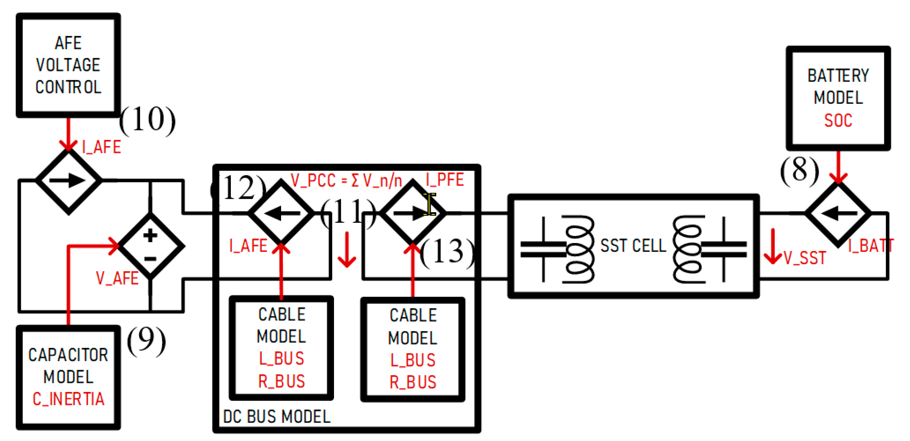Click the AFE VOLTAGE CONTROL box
click(x=68, y=65)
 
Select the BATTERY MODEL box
click(x=838, y=98)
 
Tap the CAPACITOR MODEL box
click(x=68, y=377)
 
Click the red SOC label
click(x=838, y=121)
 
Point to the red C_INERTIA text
click(x=68, y=399)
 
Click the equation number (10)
click(x=147, y=120)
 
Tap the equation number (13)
click(x=447, y=251)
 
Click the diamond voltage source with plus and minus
click(x=150, y=246)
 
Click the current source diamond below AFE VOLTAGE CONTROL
click(x=69, y=181)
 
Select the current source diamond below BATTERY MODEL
click(x=838, y=214)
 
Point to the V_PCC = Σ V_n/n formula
click(x=346, y=181)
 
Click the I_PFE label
click(x=445, y=180)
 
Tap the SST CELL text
click(x=633, y=246)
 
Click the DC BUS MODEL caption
click(x=277, y=417)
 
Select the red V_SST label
click(x=805, y=258)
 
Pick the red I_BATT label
click(x=871, y=246)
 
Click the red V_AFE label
click(x=117, y=278)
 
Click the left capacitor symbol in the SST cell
click(x=543, y=249)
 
